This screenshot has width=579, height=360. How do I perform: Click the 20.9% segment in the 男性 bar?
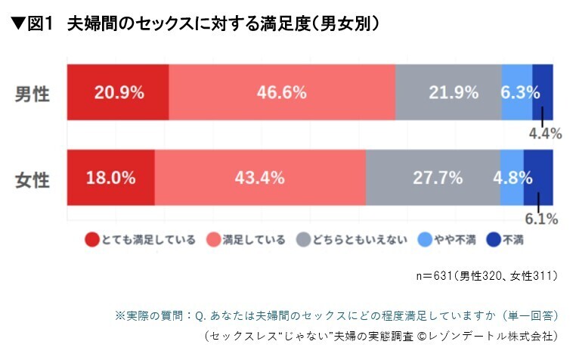(x=119, y=92)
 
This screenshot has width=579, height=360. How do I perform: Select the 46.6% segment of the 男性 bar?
(x=281, y=92)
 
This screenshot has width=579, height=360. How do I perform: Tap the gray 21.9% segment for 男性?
(x=449, y=92)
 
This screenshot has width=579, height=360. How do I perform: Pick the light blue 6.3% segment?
(x=517, y=92)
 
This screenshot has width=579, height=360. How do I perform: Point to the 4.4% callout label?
(x=544, y=134)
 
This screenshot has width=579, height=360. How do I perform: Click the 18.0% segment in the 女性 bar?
(x=110, y=178)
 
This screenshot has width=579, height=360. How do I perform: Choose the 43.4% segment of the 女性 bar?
(x=259, y=178)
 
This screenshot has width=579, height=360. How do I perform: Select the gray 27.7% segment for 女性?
(x=433, y=178)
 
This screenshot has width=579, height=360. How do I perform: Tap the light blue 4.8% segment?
(x=512, y=178)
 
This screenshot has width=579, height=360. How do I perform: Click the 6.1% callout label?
(x=540, y=220)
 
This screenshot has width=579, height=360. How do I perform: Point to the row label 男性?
(x=33, y=94)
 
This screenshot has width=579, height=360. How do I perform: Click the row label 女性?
(x=33, y=180)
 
